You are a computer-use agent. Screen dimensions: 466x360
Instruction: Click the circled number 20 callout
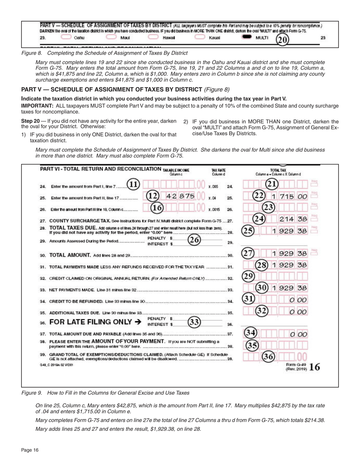coord(282,39)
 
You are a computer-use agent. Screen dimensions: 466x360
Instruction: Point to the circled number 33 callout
coord(194,322)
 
